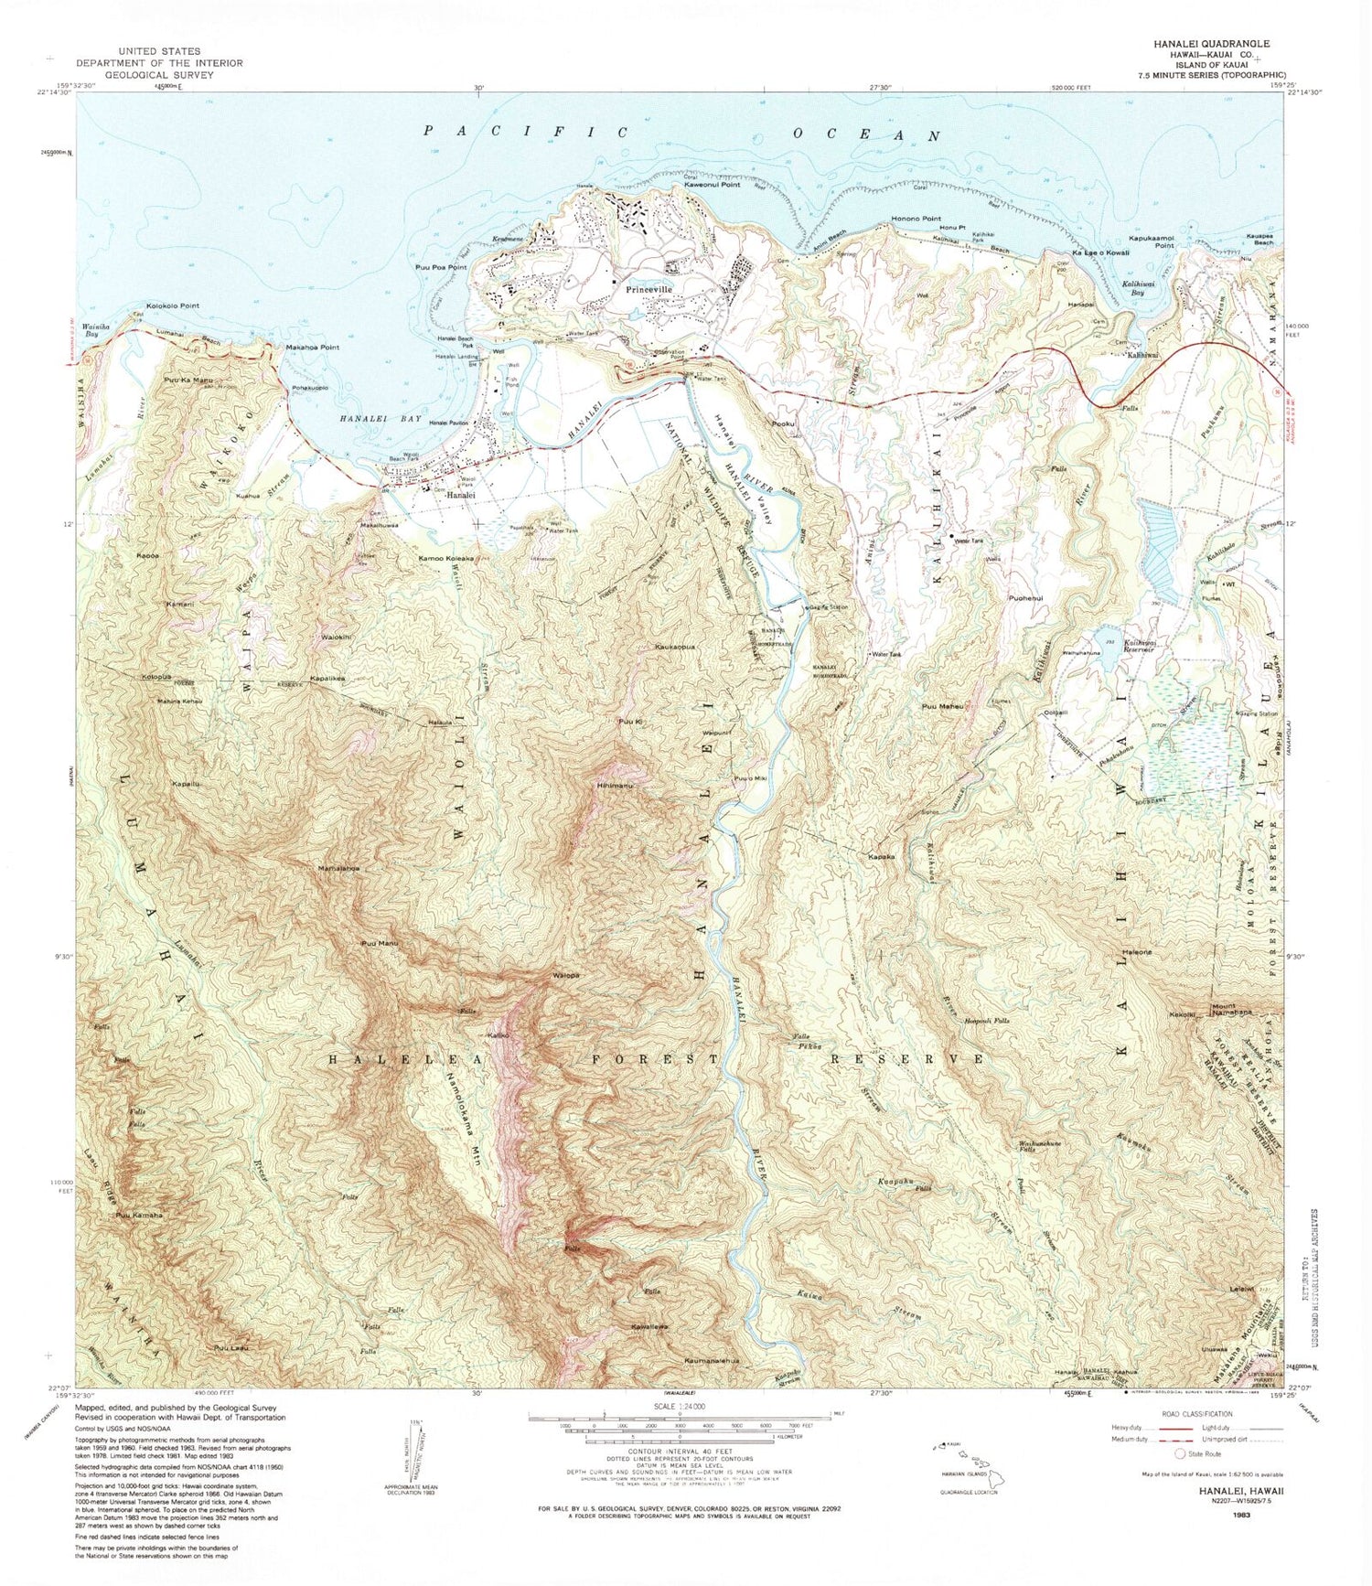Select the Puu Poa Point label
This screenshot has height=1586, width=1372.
point(441,267)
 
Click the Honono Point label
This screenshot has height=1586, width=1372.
point(916,220)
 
